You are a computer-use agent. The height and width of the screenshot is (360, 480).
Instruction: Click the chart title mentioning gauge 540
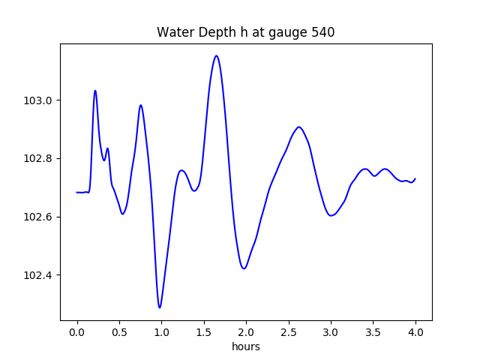coord(246,33)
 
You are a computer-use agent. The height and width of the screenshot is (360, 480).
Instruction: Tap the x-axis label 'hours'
coord(246,346)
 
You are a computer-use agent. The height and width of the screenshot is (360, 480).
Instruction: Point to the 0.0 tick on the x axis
coord(77,331)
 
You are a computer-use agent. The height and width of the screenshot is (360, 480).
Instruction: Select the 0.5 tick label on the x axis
coord(119,331)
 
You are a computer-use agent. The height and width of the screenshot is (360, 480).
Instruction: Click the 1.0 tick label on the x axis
coord(161,331)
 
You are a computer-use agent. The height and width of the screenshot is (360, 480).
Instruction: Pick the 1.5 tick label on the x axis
coord(204,331)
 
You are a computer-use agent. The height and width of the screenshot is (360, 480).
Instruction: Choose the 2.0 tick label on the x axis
coord(246,331)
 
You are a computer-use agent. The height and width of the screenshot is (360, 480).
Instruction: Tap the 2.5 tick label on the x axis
coord(289,331)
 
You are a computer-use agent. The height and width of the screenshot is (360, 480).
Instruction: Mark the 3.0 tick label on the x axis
coord(331,331)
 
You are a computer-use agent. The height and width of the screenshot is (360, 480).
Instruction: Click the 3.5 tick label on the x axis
coord(373,331)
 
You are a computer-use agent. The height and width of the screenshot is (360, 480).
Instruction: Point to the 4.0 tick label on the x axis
coord(415,331)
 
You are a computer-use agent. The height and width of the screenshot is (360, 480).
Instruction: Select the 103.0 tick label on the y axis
coord(39,100)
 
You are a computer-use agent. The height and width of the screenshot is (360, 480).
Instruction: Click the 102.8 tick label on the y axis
coord(39,159)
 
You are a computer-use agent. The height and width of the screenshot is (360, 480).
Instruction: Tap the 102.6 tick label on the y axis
coord(39,217)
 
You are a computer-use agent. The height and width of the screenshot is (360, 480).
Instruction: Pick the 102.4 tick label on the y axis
coord(39,275)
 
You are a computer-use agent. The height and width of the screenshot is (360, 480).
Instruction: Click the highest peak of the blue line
coord(217,55)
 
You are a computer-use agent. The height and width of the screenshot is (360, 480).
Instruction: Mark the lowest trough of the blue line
coord(160,307)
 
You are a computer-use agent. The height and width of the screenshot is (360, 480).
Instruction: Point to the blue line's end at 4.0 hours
coord(415,178)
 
